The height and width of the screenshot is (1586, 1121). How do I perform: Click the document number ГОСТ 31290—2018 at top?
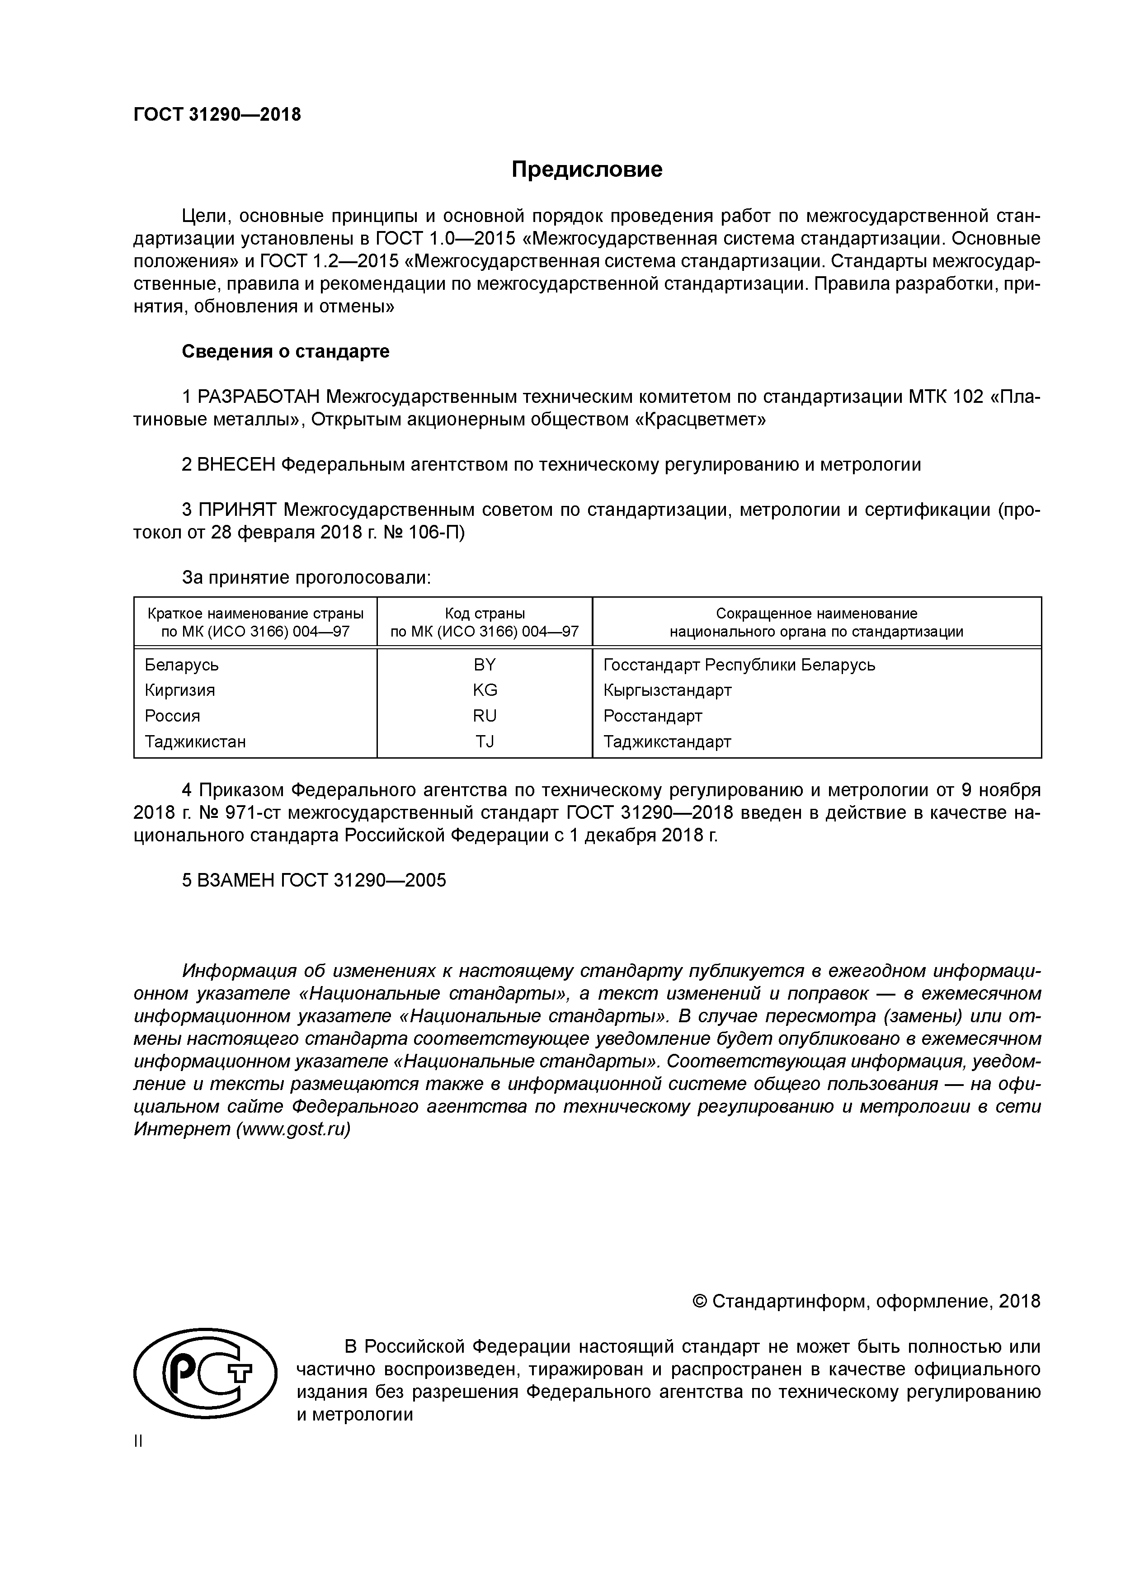[x=217, y=115]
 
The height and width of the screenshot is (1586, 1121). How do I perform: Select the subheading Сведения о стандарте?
[x=285, y=352]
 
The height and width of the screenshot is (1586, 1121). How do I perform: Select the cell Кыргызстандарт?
[x=667, y=690]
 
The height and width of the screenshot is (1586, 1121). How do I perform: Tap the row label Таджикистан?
[x=195, y=741]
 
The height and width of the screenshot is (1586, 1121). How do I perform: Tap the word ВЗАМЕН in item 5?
[x=236, y=881]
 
